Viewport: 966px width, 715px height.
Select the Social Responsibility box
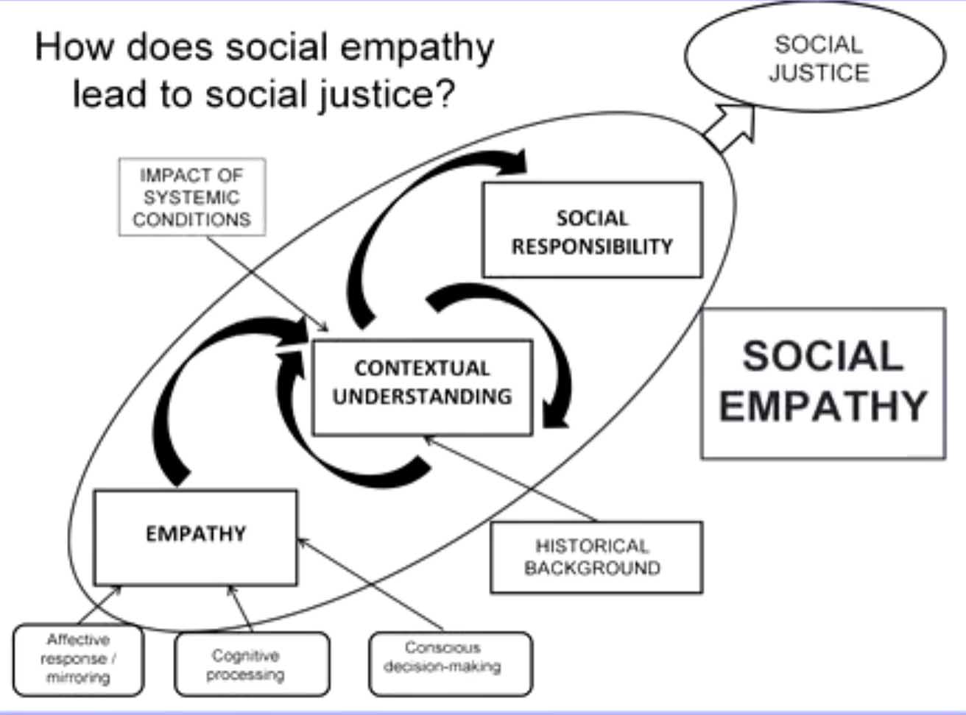[x=592, y=230]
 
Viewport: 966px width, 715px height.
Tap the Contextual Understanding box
[x=422, y=386]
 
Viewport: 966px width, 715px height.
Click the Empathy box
[x=196, y=536]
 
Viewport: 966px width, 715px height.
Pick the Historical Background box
[x=596, y=557]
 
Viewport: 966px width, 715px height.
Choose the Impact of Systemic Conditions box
[x=191, y=197]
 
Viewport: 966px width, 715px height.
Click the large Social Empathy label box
[x=822, y=383]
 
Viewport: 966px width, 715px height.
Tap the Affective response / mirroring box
[x=78, y=659]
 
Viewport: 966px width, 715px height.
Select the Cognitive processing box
[x=252, y=664]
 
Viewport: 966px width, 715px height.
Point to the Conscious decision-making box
[x=449, y=663]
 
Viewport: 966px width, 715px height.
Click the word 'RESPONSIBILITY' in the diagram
[x=592, y=246]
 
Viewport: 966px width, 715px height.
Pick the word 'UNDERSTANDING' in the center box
[x=422, y=396]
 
